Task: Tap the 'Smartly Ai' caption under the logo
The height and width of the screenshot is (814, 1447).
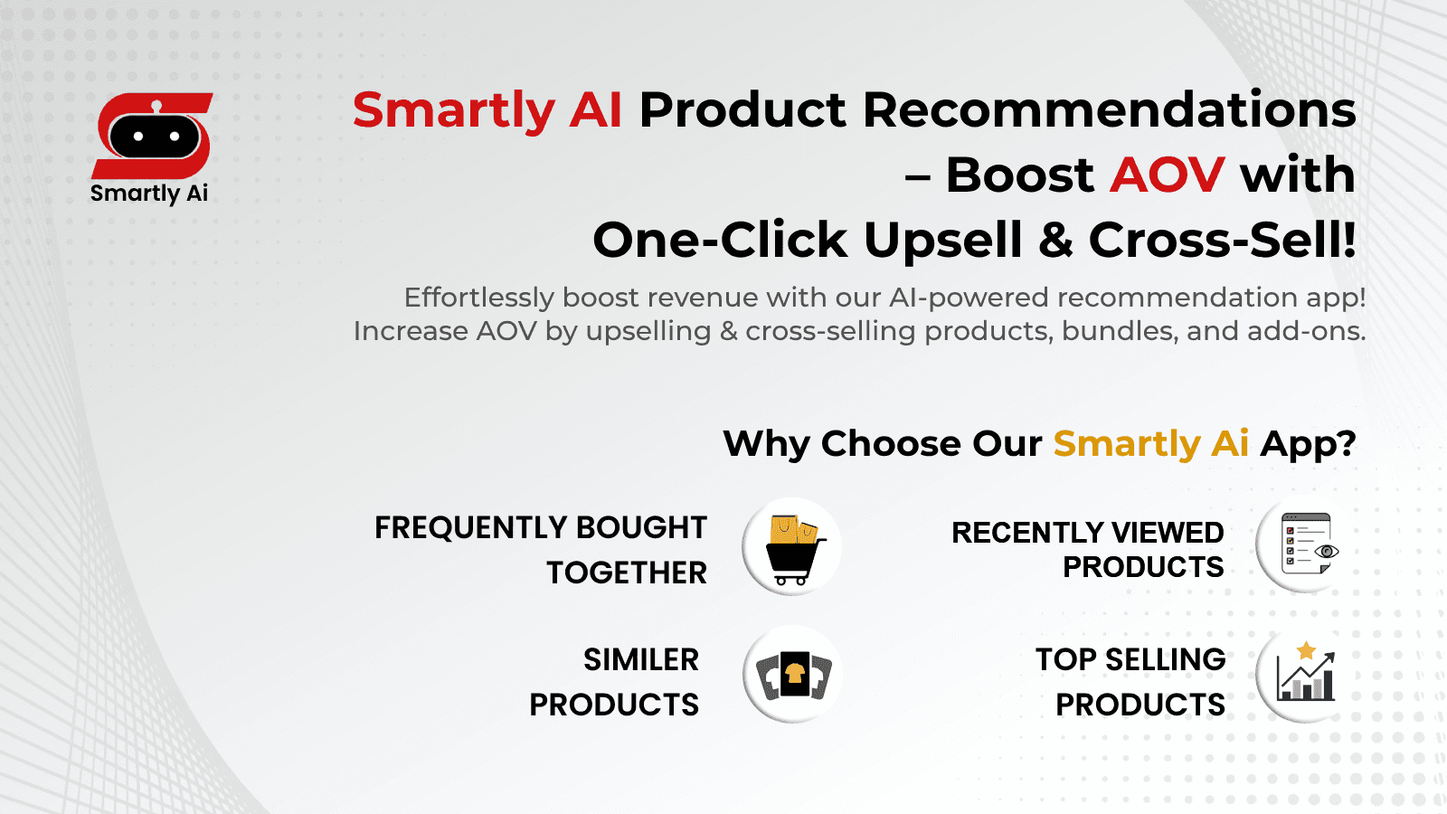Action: (x=149, y=194)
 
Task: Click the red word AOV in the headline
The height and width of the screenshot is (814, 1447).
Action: (x=1167, y=175)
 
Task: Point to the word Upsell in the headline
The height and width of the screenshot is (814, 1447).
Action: (x=943, y=241)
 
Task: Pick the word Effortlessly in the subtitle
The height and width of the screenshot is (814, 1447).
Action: (x=478, y=298)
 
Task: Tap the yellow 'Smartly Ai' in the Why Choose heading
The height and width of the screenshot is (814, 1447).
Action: (x=1150, y=444)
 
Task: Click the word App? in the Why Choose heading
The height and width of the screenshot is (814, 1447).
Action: (x=1308, y=444)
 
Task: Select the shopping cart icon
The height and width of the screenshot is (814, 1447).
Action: (x=792, y=547)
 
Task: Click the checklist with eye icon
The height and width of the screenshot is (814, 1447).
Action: (x=1306, y=545)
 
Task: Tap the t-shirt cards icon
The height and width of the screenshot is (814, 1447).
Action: (x=793, y=675)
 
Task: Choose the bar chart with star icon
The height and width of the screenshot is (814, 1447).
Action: (x=1306, y=675)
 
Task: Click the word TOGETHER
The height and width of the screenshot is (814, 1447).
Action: (x=627, y=573)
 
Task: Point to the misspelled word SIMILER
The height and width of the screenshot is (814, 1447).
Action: (x=641, y=660)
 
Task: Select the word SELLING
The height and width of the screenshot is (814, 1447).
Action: (x=1166, y=660)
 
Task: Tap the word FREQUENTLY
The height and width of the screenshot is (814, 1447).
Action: (x=471, y=528)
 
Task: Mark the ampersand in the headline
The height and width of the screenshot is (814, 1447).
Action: (x=1055, y=241)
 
